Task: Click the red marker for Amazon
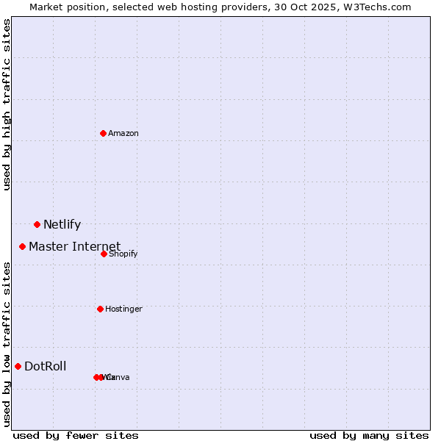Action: tap(103, 133)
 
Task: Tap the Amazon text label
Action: tap(123, 134)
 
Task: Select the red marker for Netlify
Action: tap(37, 224)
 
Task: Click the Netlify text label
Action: tap(62, 225)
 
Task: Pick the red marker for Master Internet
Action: tap(22, 246)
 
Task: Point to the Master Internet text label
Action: tap(74, 247)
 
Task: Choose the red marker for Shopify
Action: tap(104, 254)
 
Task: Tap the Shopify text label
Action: tap(123, 254)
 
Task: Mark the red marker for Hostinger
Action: tap(100, 309)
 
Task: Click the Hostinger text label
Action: tap(123, 309)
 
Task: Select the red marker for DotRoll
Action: tap(18, 366)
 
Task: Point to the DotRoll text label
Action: tap(45, 367)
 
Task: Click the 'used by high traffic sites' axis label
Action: tap(7, 105)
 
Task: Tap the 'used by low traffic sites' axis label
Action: tap(7, 344)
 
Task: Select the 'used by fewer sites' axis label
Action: tap(76, 435)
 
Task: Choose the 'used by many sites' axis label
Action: tap(369, 435)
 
